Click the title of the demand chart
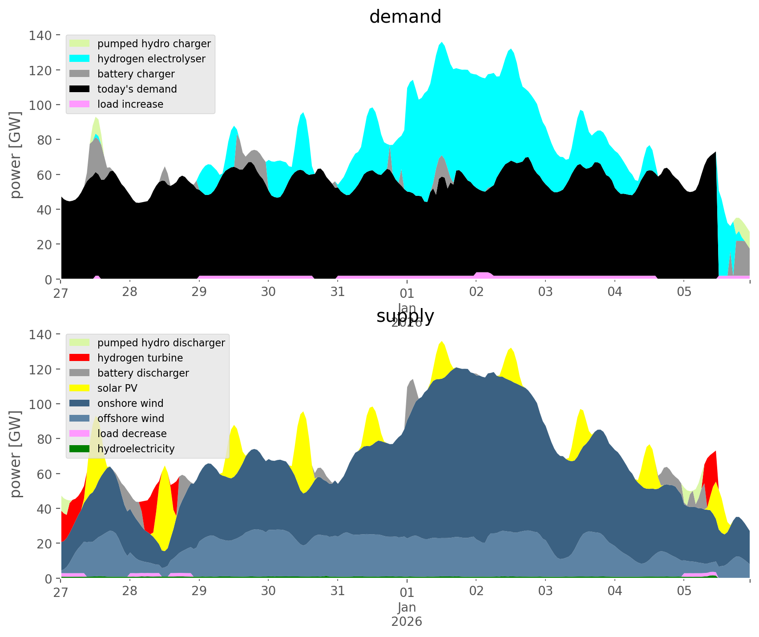(x=405, y=17)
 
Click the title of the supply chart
(x=405, y=316)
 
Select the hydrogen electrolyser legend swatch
(x=80, y=59)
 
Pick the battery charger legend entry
(x=136, y=74)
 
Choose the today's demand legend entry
(x=137, y=89)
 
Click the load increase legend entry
(x=130, y=104)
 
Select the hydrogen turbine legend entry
(x=140, y=358)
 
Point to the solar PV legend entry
(x=117, y=388)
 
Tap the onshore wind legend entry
(x=130, y=403)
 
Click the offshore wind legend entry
(x=130, y=418)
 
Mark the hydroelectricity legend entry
(x=136, y=449)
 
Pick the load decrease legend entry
(x=132, y=434)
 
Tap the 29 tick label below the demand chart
(x=199, y=292)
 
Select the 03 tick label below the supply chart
(x=545, y=592)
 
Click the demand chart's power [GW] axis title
(x=16, y=155)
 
